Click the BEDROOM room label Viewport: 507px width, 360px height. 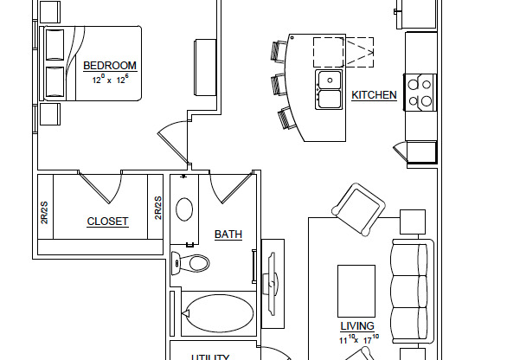(x=110, y=66)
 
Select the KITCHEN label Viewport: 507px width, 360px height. (x=374, y=95)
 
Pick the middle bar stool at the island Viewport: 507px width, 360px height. (x=279, y=85)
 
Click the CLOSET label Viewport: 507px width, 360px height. (x=107, y=222)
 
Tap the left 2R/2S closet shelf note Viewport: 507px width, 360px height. (x=44, y=211)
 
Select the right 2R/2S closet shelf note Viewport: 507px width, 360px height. (x=158, y=208)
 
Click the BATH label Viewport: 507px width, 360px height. (x=228, y=235)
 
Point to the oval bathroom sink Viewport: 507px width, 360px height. (x=184, y=209)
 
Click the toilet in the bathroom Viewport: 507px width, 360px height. (x=191, y=262)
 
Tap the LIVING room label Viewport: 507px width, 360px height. (x=356, y=326)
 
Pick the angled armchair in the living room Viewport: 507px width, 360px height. (x=358, y=209)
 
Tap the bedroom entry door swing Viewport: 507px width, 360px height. (x=174, y=140)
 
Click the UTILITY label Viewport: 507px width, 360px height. (x=210, y=357)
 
